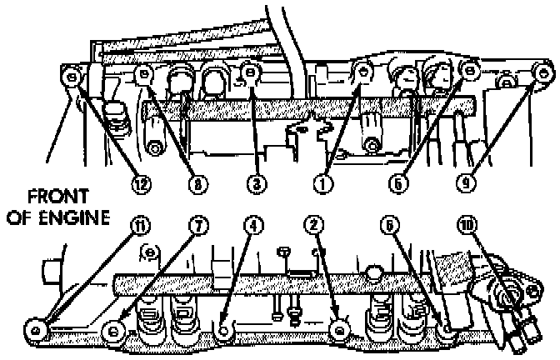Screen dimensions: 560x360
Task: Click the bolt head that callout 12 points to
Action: [x=72, y=77]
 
